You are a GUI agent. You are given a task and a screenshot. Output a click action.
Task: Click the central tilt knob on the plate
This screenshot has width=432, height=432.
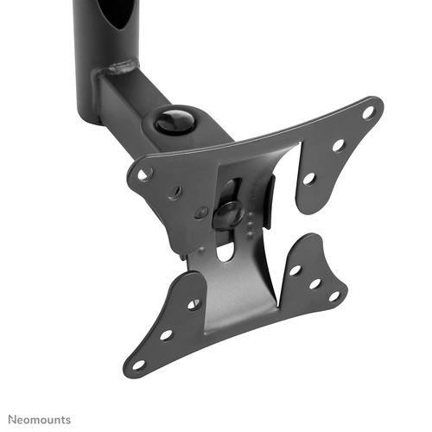[x=228, y=212]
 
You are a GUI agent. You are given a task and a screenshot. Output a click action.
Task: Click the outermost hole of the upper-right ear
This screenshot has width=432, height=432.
[x=368, y=111]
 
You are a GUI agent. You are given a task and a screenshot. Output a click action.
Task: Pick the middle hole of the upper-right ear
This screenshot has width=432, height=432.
[x=338, y=145]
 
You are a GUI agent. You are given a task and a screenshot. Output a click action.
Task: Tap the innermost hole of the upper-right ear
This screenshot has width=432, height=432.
[x=308, y=179]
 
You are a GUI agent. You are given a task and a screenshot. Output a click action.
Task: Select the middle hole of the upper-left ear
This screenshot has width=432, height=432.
[x=175, y=192]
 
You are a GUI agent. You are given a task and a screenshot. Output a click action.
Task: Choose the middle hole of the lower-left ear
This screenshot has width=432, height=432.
[x=165, y=334]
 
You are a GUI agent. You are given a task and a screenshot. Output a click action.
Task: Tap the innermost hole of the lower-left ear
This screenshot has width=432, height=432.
[x=193, y=304]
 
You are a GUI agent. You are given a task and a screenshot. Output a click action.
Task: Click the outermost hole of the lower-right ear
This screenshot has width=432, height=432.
[x=334, y=295]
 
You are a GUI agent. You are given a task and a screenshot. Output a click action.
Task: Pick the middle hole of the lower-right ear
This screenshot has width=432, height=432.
[x=314, y=283]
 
